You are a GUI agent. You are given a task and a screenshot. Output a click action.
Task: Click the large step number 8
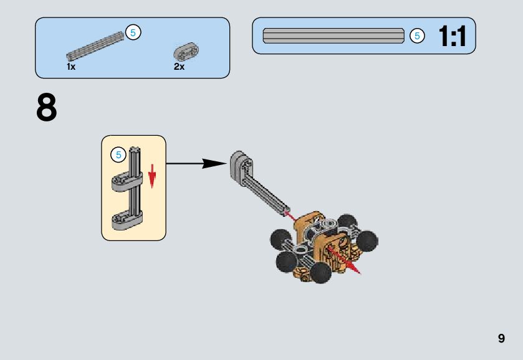pos(47,108)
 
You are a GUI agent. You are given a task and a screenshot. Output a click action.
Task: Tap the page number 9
pos(501,339)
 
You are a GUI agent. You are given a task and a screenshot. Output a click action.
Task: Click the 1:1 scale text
pos(452,37)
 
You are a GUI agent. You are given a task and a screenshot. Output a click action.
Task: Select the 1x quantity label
pos(71,67)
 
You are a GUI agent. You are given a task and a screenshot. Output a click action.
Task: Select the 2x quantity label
pos(180,67)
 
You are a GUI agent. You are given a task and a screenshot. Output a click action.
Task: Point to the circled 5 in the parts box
pos(133,32)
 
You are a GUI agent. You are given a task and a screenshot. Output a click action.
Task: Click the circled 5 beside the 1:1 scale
pos(417,36)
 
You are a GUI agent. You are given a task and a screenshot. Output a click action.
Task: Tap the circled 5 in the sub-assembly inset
pos(117,154)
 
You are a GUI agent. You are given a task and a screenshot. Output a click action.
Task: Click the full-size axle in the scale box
pos(333,36)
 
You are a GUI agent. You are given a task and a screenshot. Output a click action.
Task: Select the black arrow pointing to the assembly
pos(196,164)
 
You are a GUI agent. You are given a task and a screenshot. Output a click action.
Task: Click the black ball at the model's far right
pos(368,239)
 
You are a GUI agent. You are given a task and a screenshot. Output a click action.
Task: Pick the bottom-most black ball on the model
pos(321,273)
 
